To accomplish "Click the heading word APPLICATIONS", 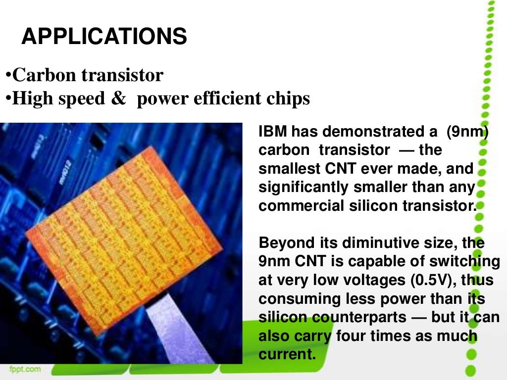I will pyautogui.click(x=104, y=37).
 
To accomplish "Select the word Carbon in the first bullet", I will pyautogui.click(x=45, y=75).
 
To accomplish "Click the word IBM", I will pyautogui.click(x=273, y=132).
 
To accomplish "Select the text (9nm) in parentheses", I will pyautogui.click(x=467, y=132).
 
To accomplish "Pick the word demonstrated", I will pyautogui.click(x=373, y=132).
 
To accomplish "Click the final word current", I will pyautogui.click(x=287, y=354).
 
